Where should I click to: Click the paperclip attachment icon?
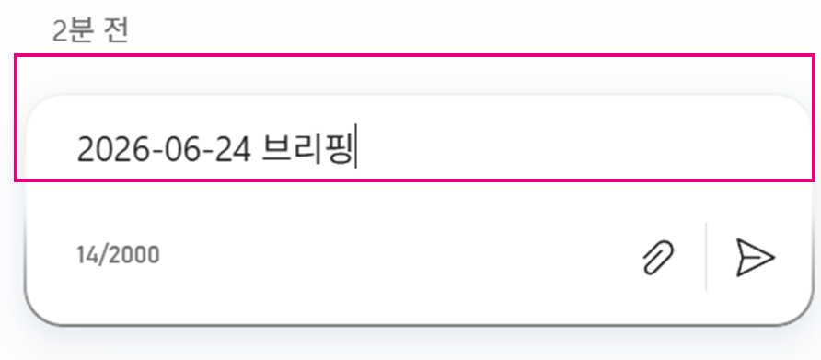click(x=658, y=257)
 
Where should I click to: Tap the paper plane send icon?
click(x=755, y=257)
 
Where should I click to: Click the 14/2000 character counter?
click(x=119, y=255)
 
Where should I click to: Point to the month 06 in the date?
click(x=180, y=149)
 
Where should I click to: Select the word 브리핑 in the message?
click(x=306, y=149)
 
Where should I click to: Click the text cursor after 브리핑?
click(x=356, y=146)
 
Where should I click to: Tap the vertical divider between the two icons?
click(x=706, y=256)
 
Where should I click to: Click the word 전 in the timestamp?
click(x=117, y=31)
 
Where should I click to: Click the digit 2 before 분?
click(x=59, y=31)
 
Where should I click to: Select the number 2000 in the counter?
click(x=138, y=255)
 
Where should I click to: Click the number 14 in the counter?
click(x=87, y=255)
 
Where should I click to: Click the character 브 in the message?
click(x=275, y=149)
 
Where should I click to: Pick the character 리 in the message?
click(x=306, y=149)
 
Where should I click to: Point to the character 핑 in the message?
click(x=337, y=149)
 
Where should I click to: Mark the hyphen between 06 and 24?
click(x=206, y=152)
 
